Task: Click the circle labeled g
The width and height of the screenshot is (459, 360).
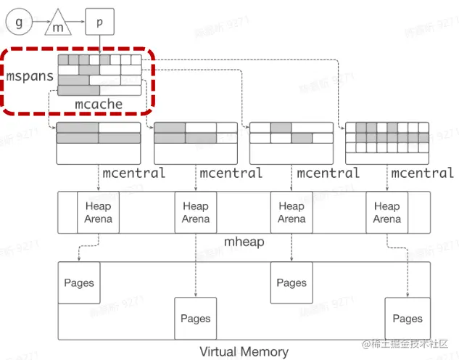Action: [x=20, y=22]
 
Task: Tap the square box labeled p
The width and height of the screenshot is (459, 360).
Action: [x=99, y=22]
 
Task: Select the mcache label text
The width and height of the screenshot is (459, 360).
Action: [x=99, y=104]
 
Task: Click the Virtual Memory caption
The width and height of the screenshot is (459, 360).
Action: [x=244, y=352]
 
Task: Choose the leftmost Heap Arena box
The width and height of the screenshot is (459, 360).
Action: [x=98, y=212]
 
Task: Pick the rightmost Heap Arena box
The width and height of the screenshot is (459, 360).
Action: [x=386, y=212]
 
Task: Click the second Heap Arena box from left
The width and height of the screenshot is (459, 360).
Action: [x=195, y=212]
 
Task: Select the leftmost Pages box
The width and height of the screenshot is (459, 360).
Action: [x=79, y=282]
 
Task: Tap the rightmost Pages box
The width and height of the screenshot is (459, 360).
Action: [x=407, y=318]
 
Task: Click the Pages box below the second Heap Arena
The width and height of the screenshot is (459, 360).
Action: [x=195, y=318]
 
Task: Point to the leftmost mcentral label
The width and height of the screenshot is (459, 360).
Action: [x=133, y=173]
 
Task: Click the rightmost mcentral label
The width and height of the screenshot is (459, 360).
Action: [x=422, y=173]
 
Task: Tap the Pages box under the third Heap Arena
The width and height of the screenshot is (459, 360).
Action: [x=291, y=282]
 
